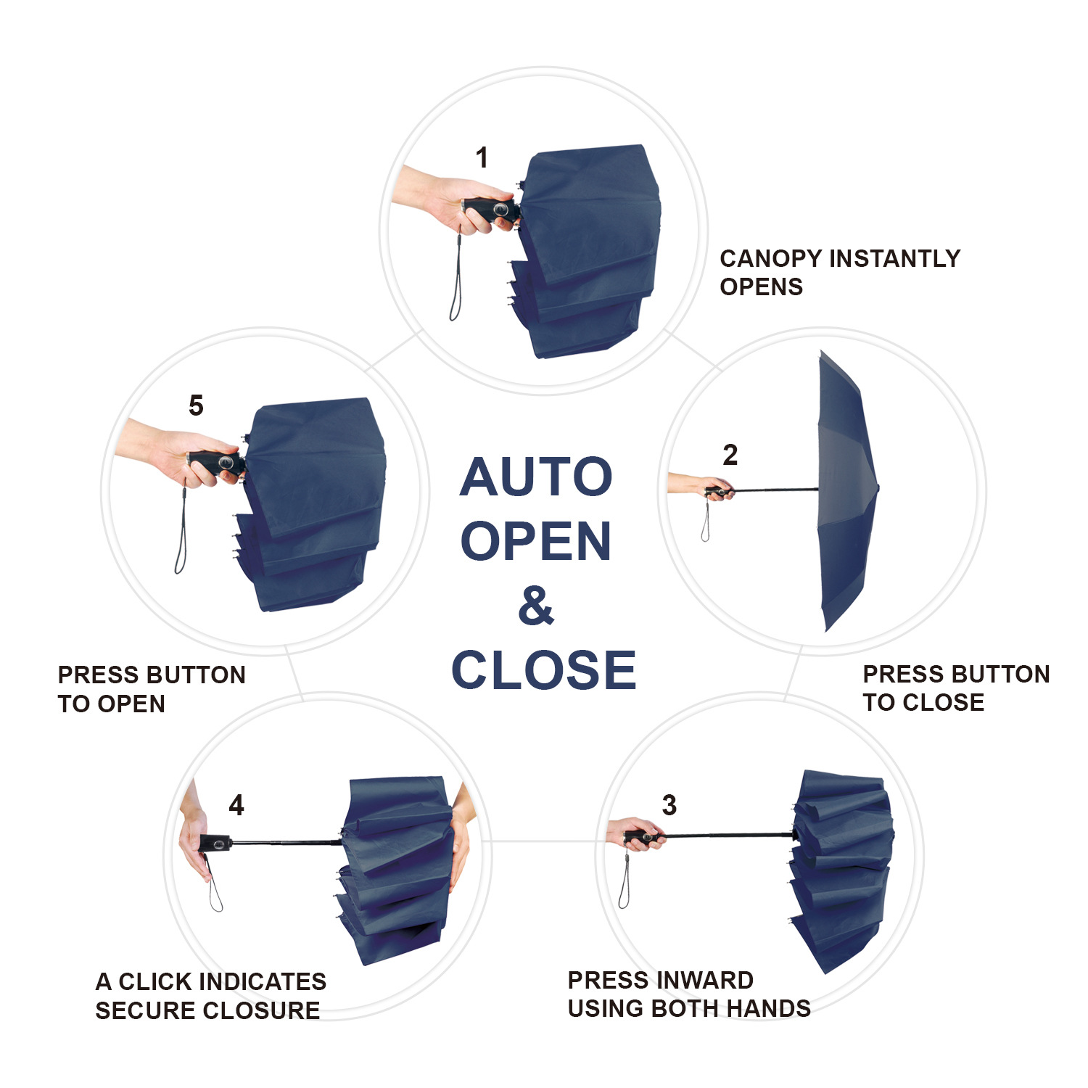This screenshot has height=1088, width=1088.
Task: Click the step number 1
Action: [482, 157]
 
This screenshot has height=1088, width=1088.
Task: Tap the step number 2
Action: [730, 455]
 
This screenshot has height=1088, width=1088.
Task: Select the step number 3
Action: [669, 804]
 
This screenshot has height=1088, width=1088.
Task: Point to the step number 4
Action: [236, 804]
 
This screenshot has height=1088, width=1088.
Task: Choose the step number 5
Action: [196, 405]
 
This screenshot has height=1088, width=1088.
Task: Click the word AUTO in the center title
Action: [536, 477]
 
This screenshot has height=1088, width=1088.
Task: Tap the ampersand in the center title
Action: [536, 606]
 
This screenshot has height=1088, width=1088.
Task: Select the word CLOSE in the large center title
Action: [543, 670]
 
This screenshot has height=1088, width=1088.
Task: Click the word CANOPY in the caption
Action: [770, 259]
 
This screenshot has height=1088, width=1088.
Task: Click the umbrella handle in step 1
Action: [492, 210]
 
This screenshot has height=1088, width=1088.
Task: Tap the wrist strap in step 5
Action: [181, 537]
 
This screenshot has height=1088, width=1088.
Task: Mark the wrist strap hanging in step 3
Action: [623, 881]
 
